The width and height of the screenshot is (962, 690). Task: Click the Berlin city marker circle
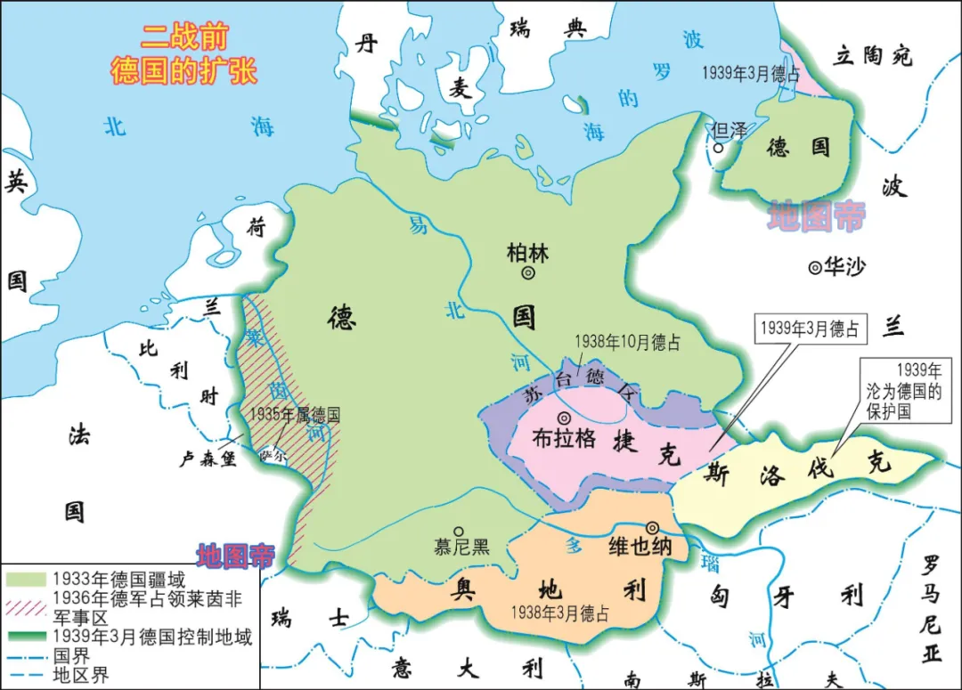click(528, 274)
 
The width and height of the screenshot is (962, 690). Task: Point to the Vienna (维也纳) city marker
click(653, 527)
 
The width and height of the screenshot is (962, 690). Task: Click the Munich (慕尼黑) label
click(461, 547)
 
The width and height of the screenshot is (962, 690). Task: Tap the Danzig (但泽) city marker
click(719, 147)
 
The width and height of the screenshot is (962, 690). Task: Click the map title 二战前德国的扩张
click(183, 53)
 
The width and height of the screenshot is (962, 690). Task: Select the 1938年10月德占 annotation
click(626, 342)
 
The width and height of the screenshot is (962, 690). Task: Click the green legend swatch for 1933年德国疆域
click(26, 580)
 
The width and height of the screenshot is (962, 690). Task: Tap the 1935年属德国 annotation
click(294, 414)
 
